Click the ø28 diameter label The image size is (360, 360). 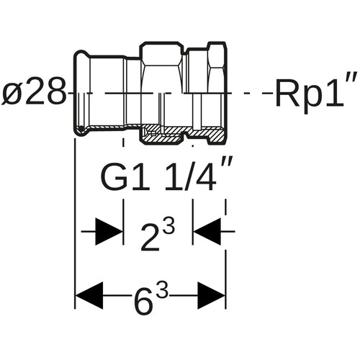(34, 93)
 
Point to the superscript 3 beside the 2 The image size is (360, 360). (168, 226)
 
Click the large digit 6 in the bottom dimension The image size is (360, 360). (144, 301)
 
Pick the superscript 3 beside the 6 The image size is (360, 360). (161, 291)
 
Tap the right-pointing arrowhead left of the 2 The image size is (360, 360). (109, 232)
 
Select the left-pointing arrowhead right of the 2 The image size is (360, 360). (207, 232)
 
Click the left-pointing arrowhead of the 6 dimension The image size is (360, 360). (89, 295)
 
